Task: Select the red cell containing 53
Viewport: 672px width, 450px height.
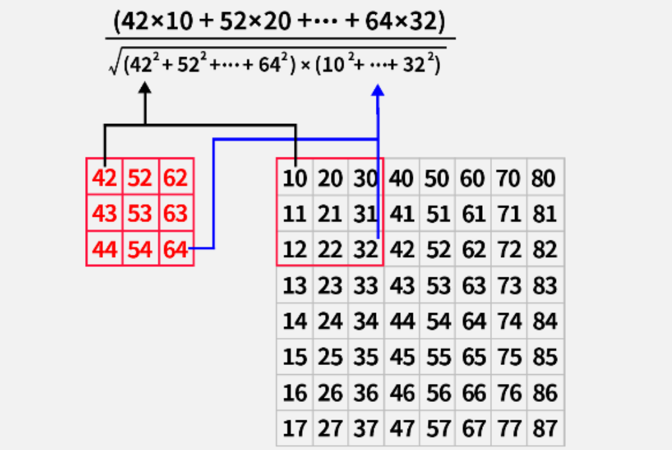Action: pos(140,214)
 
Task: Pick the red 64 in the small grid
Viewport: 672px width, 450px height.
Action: pos(175,250)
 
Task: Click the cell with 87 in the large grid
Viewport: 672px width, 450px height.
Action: pos(544,428)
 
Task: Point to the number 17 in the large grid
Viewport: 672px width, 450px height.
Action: pos(295,428)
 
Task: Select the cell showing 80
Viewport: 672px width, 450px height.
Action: pos(544,179)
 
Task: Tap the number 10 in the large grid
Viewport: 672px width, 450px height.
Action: pos(295,179)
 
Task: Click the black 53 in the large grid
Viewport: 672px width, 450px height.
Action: pos(437,286)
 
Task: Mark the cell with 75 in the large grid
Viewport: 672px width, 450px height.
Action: pos(508,357)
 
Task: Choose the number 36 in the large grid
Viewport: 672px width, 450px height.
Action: pos(366,393)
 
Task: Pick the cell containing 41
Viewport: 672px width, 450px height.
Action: pos(402,214)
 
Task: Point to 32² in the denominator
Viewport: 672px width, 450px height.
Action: pos(421,66)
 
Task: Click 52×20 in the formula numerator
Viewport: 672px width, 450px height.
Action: pos(250,23)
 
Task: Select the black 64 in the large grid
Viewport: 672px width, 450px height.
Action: pos(473,322)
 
